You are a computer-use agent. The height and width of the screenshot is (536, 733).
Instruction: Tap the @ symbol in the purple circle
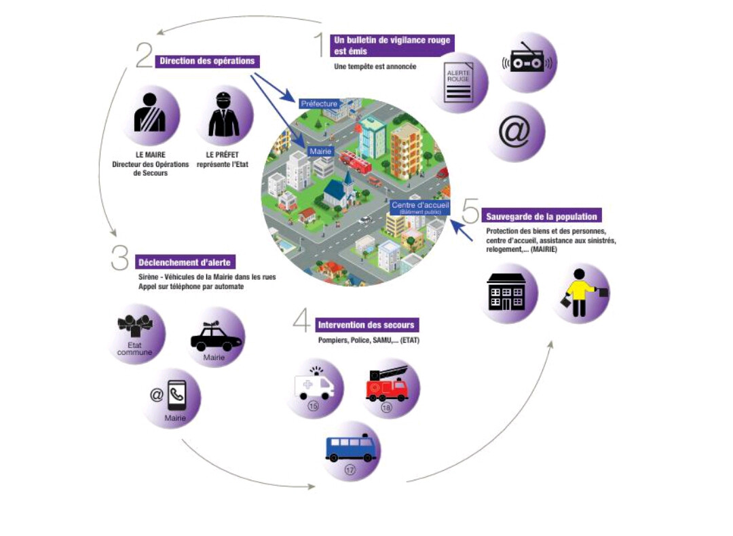click(514, 132)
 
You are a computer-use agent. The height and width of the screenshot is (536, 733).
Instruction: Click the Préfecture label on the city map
click(319, 104)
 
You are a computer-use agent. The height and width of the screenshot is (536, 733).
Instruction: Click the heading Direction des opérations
click(207, 61)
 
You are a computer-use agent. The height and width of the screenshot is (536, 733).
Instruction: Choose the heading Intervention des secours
click(366, 324)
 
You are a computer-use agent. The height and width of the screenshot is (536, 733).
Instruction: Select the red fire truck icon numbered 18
click(388, 385)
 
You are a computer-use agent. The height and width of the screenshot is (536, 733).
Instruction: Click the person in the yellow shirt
click(581, 292)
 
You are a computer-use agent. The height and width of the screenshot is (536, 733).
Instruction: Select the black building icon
click(507, 293)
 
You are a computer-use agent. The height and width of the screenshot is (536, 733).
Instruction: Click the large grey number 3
click(120, 259)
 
